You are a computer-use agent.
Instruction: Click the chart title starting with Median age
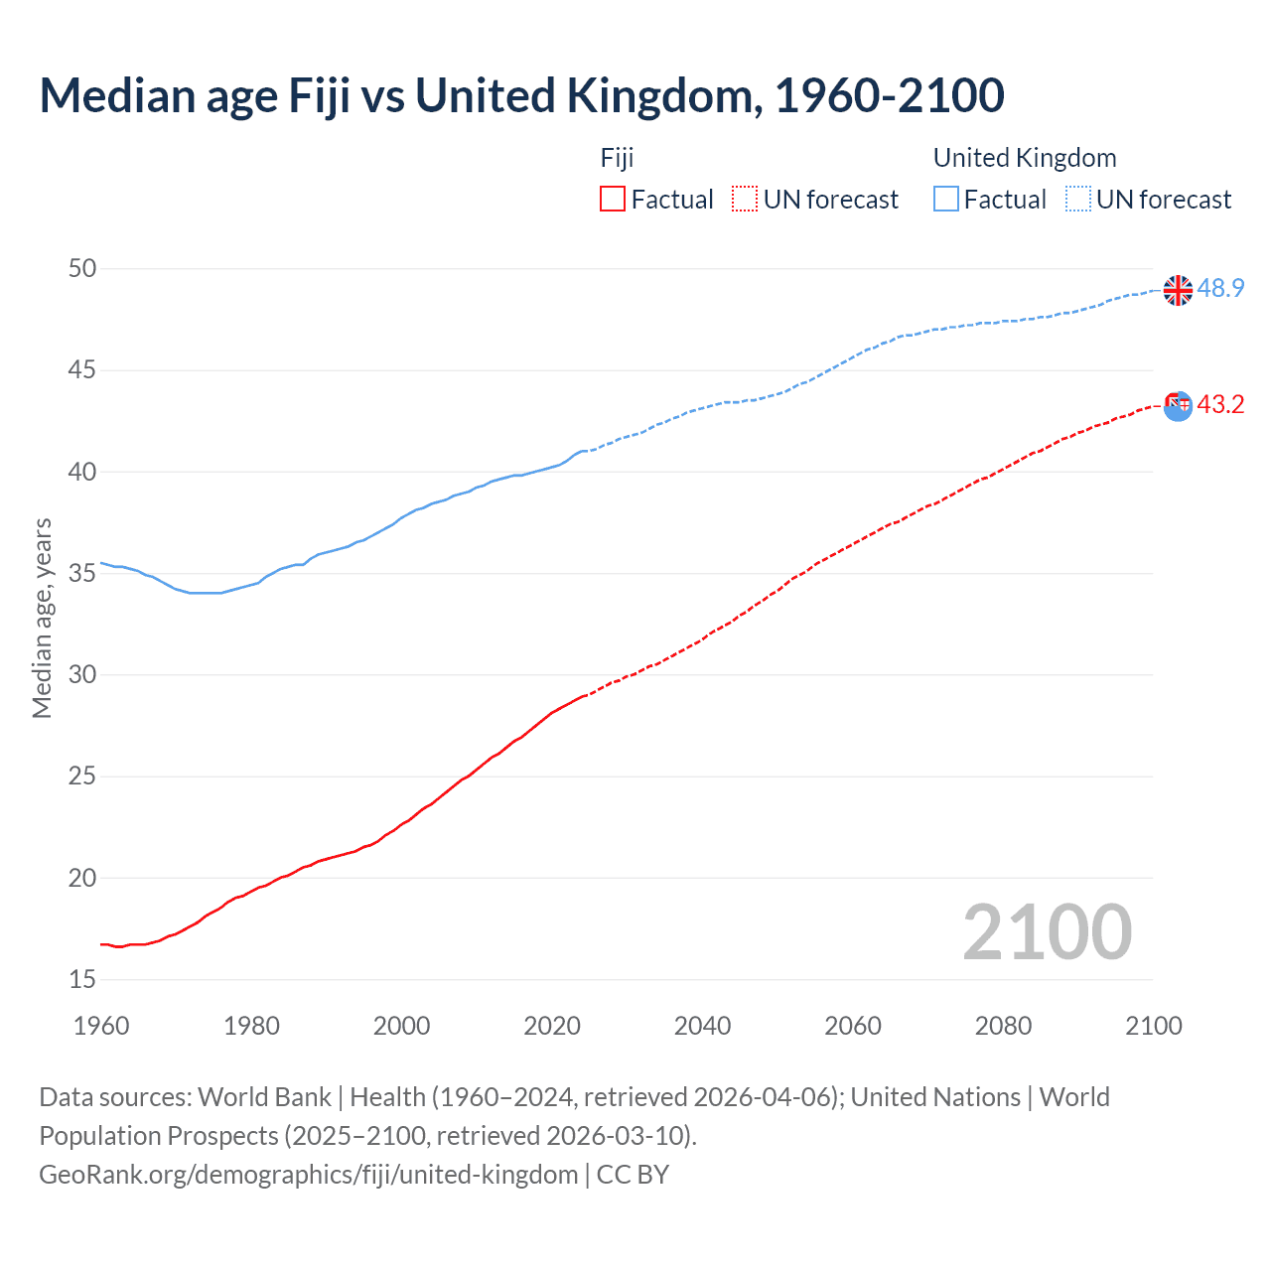tap(521, 95)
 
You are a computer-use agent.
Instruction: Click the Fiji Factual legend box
tap(613, 199)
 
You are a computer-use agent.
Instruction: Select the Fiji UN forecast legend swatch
tap(745, 199)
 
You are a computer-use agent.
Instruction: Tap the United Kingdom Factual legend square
tap(946, 199)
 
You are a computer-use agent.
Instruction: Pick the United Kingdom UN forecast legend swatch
tap(1078, 199)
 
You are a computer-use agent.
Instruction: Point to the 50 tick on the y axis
tap(83, 268)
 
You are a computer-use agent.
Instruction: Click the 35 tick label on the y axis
tap(83, 573)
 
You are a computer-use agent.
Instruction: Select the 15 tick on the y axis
tap(83, 979)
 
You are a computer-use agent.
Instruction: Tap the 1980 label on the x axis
tap(251, 1026)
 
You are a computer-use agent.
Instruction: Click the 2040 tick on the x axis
tap(702, 1026)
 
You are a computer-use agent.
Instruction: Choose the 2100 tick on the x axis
tap(1153, 1026)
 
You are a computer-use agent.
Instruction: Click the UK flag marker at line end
tap(1178, 290)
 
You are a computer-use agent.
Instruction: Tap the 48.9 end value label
tap(1220, 289)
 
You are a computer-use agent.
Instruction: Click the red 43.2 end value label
tap(1220, 405)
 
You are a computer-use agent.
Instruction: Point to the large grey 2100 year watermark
tap(1047, 931)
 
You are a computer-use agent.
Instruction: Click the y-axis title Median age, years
tap(42, 618)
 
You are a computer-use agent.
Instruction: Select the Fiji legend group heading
tap(617, 158)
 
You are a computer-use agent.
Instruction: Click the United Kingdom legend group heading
tap(1024, 158)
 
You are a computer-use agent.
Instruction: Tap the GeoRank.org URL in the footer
tap(308, 1174)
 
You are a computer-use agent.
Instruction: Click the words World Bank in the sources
tap(264, 1096)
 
